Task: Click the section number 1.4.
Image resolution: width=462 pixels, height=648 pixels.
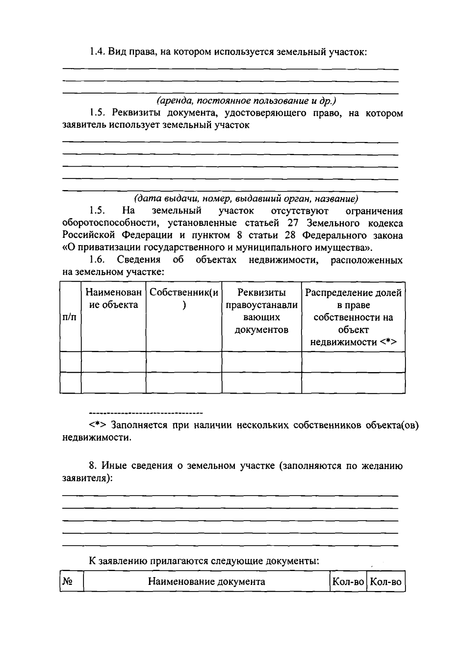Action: point(97,52)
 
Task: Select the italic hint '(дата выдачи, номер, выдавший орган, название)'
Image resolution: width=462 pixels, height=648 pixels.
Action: point(246,199)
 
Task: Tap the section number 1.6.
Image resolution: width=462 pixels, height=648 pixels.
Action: point(97,260)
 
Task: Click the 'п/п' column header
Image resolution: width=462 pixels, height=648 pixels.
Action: point(70,317)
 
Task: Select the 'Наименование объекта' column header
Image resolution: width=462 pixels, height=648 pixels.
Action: point(114,299)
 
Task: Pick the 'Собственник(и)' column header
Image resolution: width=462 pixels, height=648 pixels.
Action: point(184,299)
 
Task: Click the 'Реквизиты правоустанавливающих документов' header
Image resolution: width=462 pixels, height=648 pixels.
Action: point(261,311)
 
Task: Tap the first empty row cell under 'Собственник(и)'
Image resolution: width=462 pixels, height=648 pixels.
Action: point(184,362)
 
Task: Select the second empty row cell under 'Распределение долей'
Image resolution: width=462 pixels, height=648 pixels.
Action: point(353,382)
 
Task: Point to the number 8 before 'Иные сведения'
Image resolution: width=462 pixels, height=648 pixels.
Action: point(92,466)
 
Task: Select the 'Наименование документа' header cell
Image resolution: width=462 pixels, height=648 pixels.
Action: point(206,581)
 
